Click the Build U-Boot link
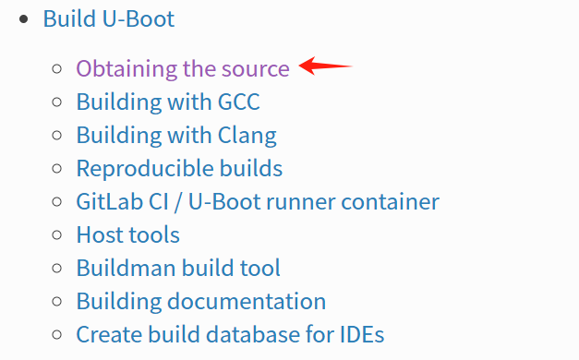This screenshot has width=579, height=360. pyautogui.click(x=108, y=19)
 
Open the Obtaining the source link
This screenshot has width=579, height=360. pyautogui.click(x=183, y=68)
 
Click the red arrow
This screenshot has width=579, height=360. pyautogui.click(x=326, y=66)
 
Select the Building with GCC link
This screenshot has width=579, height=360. pyautogui.click(x=168, y=102)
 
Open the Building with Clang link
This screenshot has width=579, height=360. pyautogui.click(x=175, y=135)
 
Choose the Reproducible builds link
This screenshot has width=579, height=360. pyautogui.click(x=179, y=168)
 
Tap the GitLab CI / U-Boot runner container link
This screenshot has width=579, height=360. pyautogui.click(x=258, y=201)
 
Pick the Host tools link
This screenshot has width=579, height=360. pyautogui.click(x=127, y=234)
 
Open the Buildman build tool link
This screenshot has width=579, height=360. pyautogui.click(x=178, y=268)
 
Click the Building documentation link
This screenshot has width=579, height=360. pyautogui.click(x=200, y=301)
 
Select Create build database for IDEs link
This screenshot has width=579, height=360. pyautogui.click(x=230, y=334)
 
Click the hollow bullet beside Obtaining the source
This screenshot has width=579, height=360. pyautogui.click(x=58, y=68)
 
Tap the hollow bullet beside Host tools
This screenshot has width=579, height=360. pyautogui.click(x=58, y=234)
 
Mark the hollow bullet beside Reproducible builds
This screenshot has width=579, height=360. pyautogui.click(x=58, y=168)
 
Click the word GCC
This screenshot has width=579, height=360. pyautogui.click(x=237, y=102)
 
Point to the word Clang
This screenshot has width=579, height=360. pyautogui.click(x=246, y=135)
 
